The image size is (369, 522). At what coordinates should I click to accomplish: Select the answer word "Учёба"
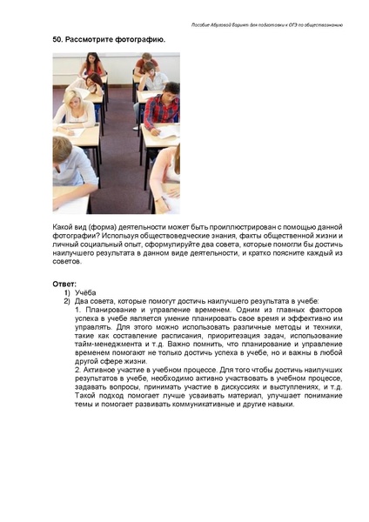(x=86, y=291)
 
